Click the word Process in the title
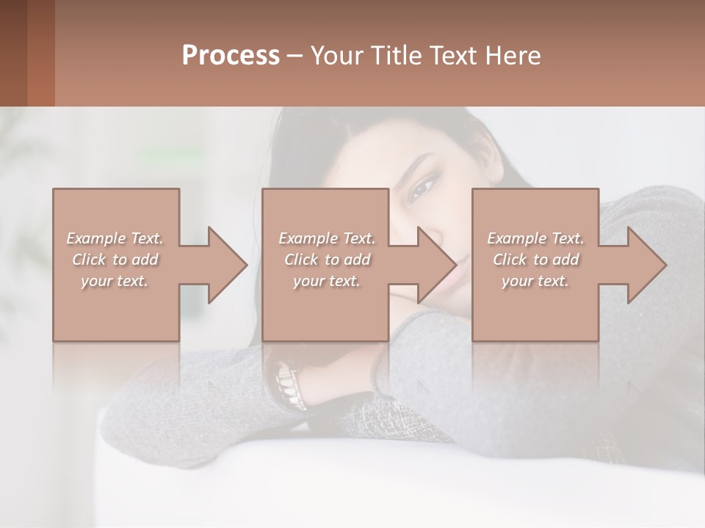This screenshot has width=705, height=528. [231, 56]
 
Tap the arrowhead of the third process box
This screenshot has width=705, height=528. [646, 265]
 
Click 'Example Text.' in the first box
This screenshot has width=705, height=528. [115, 238]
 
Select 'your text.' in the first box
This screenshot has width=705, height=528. [115, 281]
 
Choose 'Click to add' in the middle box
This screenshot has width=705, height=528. [327, 260]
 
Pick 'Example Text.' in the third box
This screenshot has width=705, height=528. [535, 238]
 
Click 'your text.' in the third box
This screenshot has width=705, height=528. [535, 281]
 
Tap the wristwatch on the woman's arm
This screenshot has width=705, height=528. [291, 385]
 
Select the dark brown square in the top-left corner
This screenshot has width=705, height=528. [13, 53]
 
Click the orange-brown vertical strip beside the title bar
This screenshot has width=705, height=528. [41, 53]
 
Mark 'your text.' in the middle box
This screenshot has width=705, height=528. [327, 281]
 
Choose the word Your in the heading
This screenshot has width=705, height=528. [334, 56]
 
